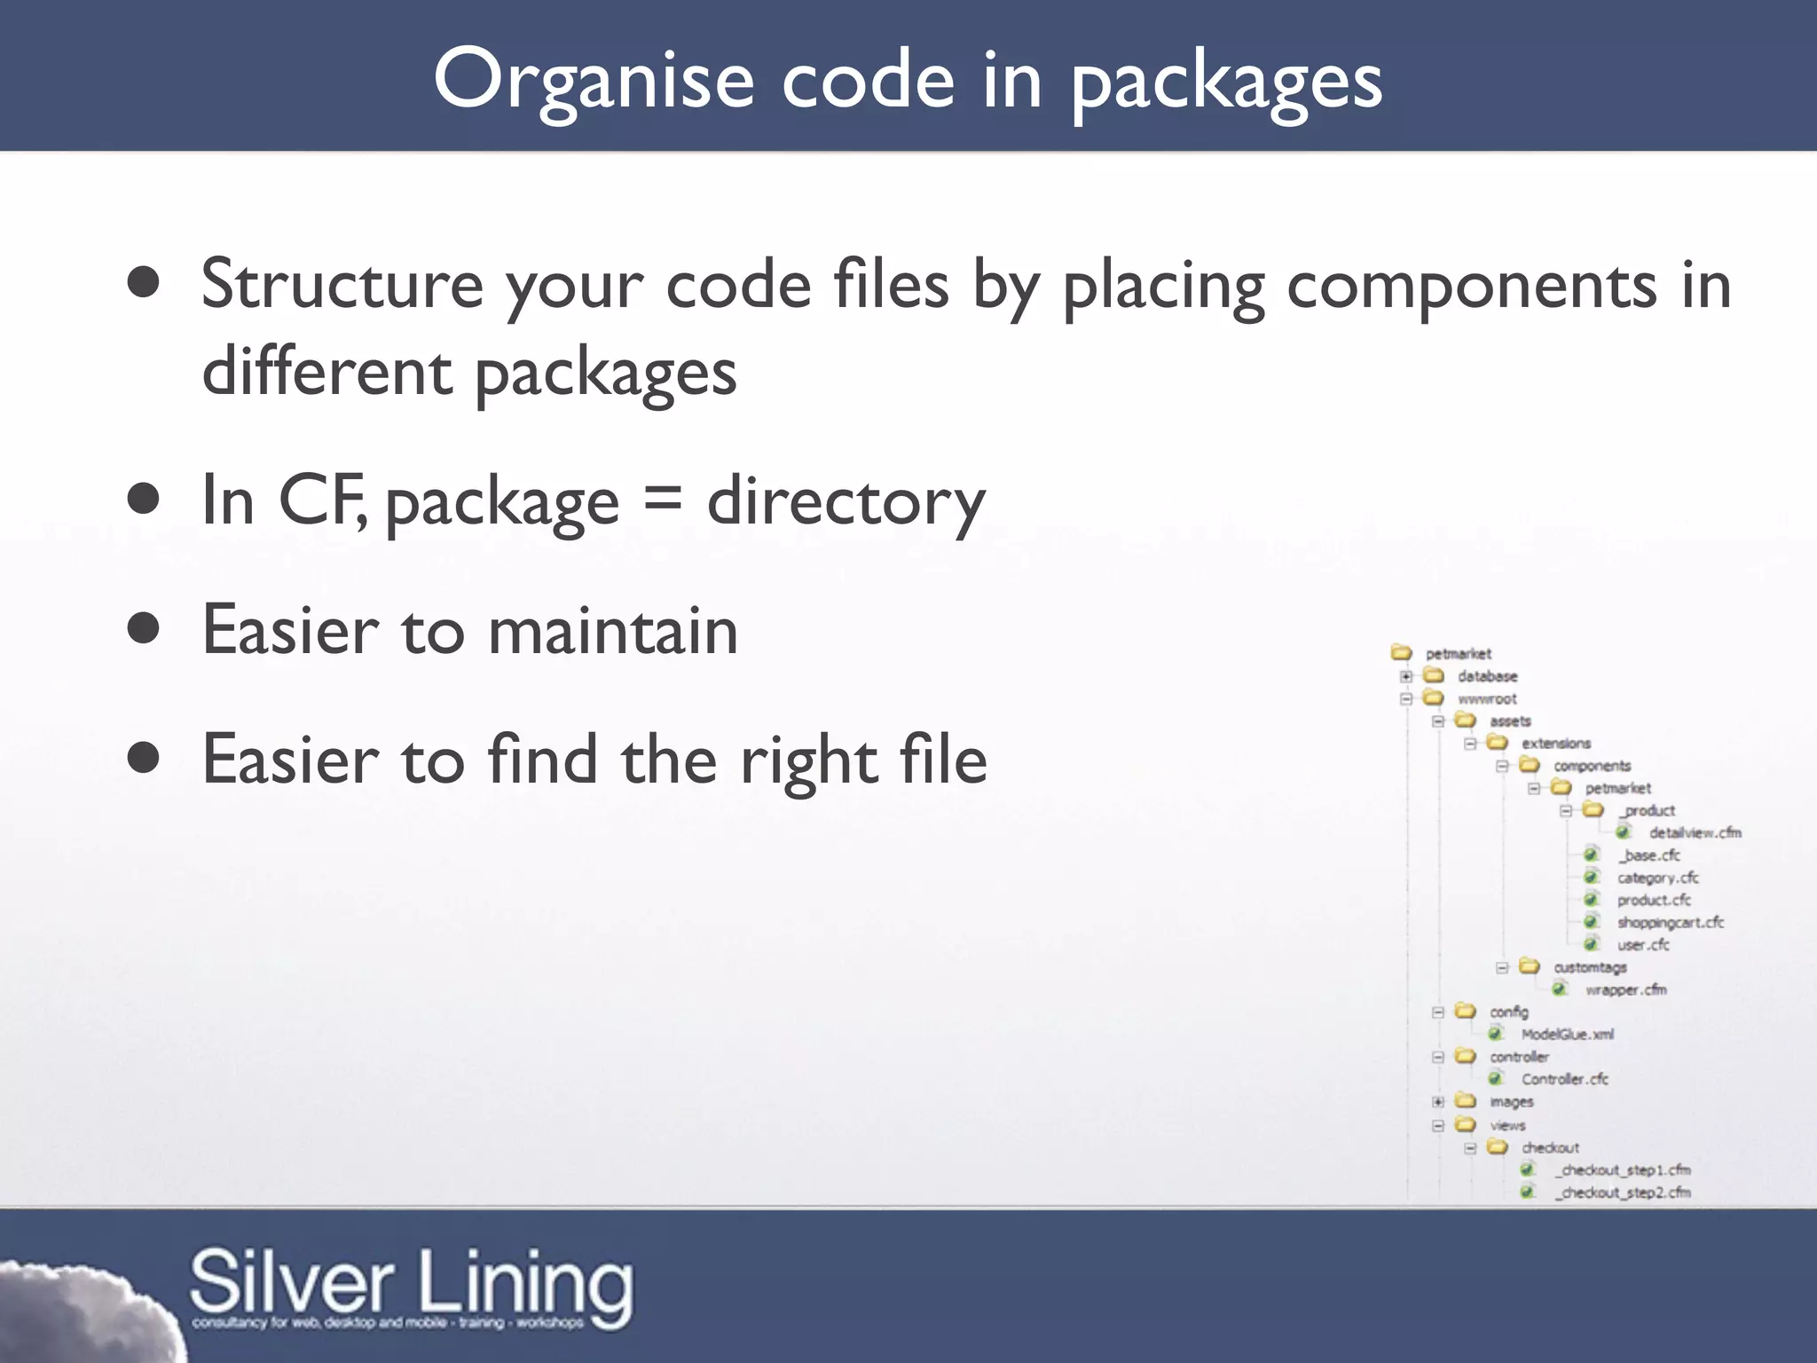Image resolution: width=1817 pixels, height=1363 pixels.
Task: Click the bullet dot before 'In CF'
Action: (143, 500)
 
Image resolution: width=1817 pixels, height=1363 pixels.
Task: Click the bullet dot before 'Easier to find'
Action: (143, 759)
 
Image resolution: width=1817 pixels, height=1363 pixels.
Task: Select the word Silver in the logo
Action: (291, 1283)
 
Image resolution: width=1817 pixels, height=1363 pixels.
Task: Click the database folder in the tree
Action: (1487, 676)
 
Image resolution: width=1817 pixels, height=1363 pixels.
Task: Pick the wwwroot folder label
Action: (1487, 699)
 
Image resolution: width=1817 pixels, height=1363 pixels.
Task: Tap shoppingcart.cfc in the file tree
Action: (1670, 923)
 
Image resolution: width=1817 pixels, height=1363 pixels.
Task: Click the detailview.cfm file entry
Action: (1695, 832)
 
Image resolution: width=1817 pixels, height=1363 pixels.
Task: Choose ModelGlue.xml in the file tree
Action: (1567, 1035)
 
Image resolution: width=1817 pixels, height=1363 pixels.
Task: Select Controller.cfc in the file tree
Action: (1564, 1079)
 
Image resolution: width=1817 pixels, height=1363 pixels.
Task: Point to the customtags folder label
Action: (1590, 967)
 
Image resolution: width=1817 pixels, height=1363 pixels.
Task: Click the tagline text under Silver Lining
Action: (388, 1323)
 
